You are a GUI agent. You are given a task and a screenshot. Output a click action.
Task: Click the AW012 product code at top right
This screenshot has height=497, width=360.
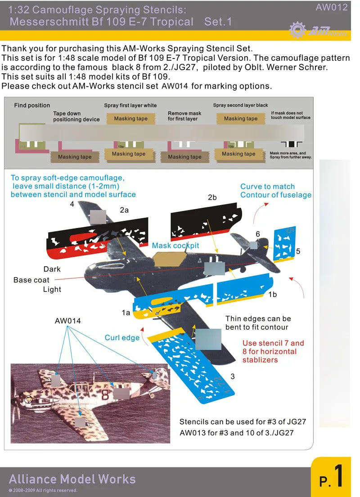(332, 7)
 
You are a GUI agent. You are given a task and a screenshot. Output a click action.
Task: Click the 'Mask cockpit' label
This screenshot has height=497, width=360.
(175, 246)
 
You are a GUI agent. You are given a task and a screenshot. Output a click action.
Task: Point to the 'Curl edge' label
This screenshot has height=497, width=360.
(122, 338)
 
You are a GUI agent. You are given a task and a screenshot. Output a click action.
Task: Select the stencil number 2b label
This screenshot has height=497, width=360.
(212, 197)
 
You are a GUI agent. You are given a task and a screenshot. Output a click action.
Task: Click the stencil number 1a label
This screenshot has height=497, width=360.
(126, 312)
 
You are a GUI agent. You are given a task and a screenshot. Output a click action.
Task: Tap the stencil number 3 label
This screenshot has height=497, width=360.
(233, 376)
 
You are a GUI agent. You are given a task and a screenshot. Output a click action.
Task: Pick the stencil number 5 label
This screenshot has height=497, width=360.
(298, 251)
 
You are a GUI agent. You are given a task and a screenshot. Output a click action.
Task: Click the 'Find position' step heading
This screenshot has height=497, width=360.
(32, 105)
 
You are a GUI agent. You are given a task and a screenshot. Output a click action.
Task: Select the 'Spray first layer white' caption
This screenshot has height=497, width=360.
(130, 105)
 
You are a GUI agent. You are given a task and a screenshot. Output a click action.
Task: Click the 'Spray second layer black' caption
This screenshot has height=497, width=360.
(240, 105)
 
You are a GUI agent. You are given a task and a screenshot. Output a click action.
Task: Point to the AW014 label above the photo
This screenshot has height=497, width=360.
(67, 321)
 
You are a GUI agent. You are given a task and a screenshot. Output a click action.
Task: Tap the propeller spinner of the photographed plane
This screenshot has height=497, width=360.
(28, 399)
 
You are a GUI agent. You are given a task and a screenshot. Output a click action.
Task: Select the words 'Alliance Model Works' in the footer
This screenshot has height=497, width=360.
(72, 479)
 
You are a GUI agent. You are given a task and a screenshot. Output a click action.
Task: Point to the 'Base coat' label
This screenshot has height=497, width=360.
(31, 280)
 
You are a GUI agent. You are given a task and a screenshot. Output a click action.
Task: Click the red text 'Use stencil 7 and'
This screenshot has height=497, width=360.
(273, 343)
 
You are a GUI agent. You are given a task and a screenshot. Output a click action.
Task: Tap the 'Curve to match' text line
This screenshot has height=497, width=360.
(267, 187)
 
